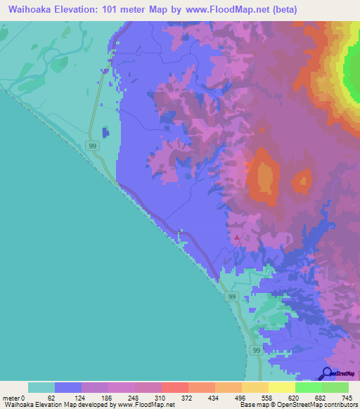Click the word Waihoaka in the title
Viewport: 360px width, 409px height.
pos(34,10)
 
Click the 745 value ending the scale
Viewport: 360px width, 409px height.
pos(345,397)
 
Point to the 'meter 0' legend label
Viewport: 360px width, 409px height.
pos(14,397)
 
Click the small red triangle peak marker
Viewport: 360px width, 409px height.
pos(237,238)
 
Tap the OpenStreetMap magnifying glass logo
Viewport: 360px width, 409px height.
pos(327,374)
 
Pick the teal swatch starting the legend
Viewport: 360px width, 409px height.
pos(41,387)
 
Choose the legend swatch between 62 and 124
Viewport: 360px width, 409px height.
pos(68,387)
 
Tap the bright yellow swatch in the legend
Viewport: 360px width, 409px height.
pos(282,387)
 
